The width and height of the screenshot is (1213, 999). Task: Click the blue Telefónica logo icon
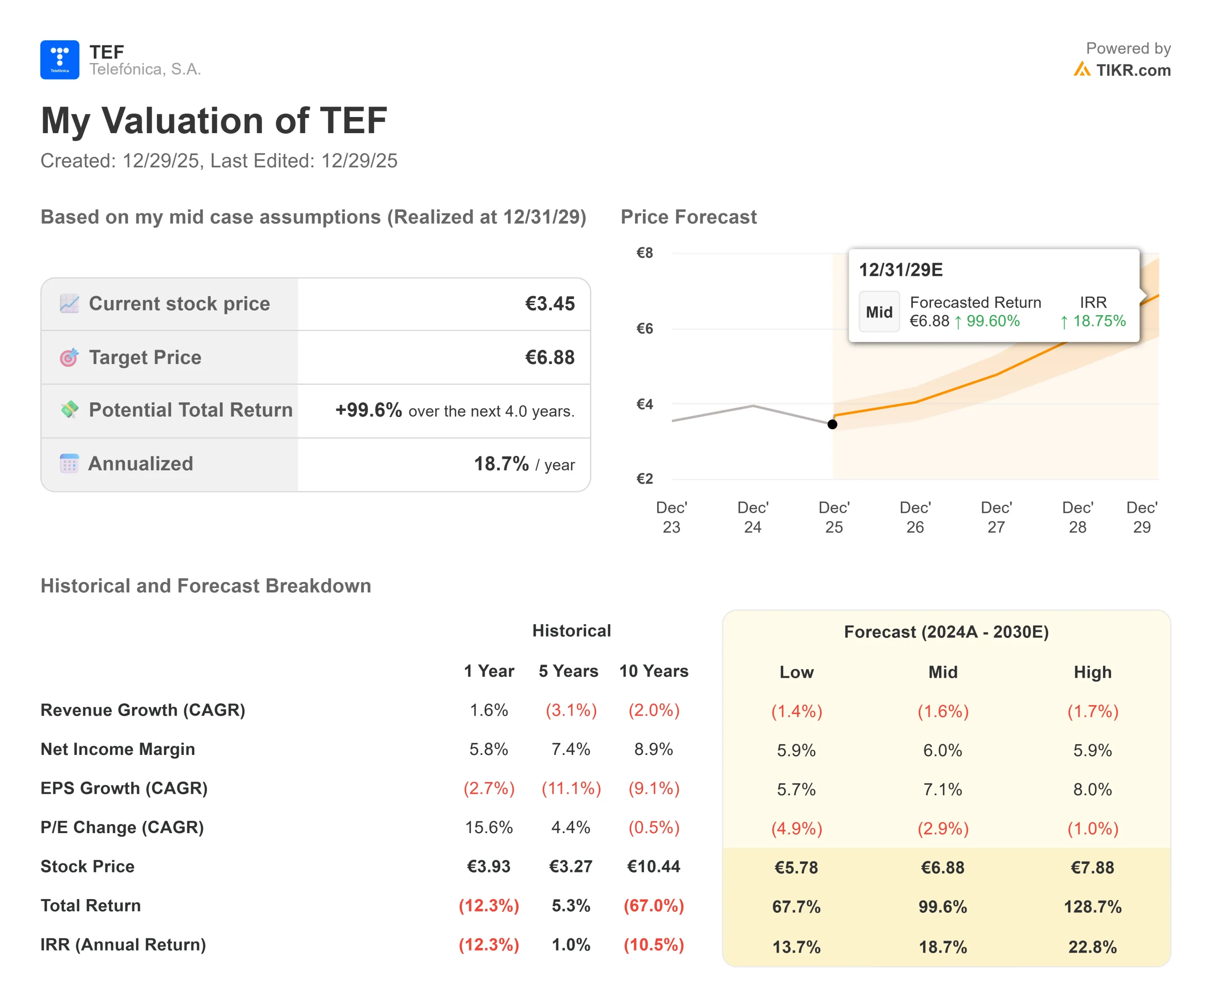pyautogui.click(x=59, y=60)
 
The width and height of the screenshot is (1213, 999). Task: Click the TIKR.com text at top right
pyautogui.click(x=1132, y=70)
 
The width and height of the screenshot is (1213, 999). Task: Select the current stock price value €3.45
pyautogui.click(x=549, y=303)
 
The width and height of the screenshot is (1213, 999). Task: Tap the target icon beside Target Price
pyautogui.click(x=69, y=357)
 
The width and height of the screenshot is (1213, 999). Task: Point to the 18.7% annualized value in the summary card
pyautogui.click(x=501, y=463)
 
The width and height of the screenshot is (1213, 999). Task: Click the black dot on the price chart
pyautogui.click(x=832, y=424)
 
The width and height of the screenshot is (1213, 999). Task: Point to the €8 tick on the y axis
pyautogui.click(x=644, y=253)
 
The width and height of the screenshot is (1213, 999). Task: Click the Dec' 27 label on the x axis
pyautogui.click(x=996, y=517)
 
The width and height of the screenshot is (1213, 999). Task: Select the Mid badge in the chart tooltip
pyautogui.click(x=878, y=312)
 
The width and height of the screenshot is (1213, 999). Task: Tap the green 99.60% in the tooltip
pyautogui.click(x=992, y=321)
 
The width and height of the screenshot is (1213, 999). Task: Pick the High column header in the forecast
pyautogui.click(x=1092, y=672)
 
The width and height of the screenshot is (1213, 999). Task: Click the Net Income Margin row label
pyautogui.click(x=118, y=749)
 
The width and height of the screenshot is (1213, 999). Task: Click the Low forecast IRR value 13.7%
pyautogui.click(x=796, y=947)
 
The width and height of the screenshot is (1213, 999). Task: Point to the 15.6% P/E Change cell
pyautogui.click(x=488, y=827)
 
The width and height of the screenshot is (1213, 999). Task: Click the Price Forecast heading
pyautogui.click(x=688, y=217)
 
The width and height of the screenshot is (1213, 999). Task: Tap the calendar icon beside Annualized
pyautogui.click(x=69, y=463)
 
